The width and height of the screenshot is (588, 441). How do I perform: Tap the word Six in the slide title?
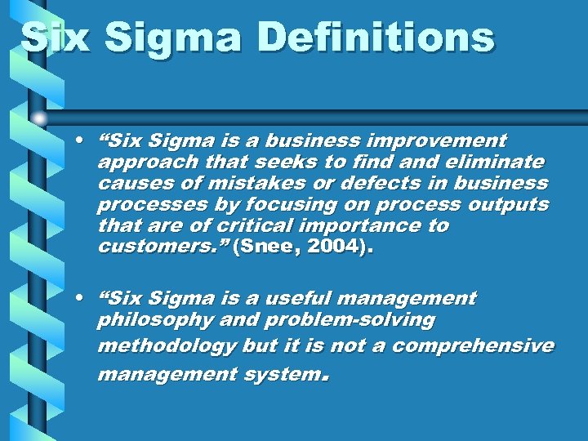(x=56, y=38)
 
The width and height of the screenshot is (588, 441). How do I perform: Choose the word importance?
(x=356, y=225)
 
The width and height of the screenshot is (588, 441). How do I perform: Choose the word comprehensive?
(x=473, y=346)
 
